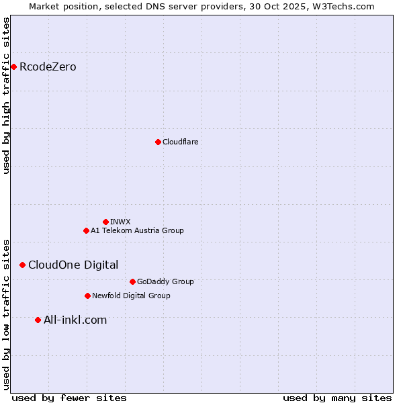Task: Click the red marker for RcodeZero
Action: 13,66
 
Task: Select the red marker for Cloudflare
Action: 158,142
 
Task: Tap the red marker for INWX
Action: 105,222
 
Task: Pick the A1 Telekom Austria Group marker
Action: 86,230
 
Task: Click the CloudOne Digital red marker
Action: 22,265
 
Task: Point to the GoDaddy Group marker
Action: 132,281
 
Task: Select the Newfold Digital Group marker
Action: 87,296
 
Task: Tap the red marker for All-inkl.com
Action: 38,320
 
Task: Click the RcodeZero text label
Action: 48,67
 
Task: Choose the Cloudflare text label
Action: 180,142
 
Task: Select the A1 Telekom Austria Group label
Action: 137,230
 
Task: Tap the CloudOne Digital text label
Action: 73,265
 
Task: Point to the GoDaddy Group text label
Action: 165,281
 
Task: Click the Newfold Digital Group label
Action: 131,296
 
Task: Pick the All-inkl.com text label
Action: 75,320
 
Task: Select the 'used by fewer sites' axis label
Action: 69,398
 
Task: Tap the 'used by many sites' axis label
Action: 337,398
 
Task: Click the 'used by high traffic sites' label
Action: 7,95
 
